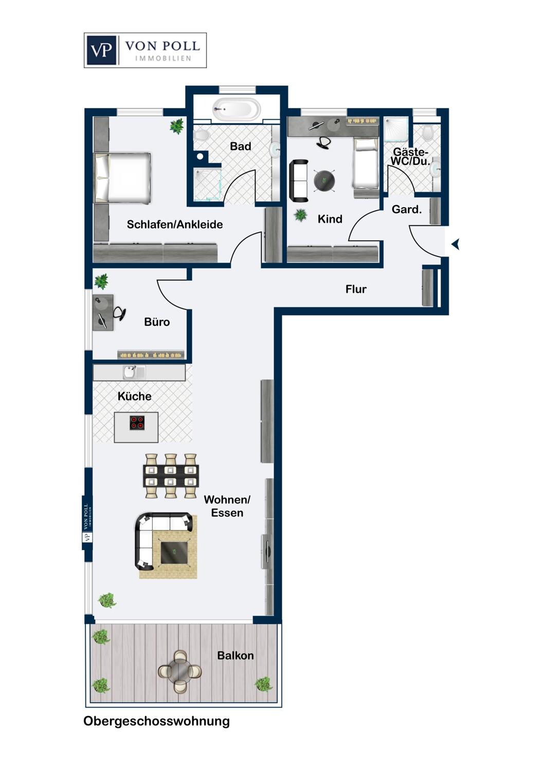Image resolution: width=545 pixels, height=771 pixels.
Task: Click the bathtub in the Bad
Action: (x=237, y=109)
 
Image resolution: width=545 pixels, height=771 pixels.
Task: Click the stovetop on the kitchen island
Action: (x=137, y=423)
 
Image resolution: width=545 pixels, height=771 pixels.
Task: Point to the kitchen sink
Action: (x=130, y=372)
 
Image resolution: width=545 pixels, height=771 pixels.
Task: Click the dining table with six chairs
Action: (x=171, y=476)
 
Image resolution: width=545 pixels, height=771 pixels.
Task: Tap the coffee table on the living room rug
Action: (x=174, y=552)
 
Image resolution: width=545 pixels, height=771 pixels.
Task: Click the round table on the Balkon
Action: (x=180, y=671)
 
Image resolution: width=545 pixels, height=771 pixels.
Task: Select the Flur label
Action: (x=356, y=289)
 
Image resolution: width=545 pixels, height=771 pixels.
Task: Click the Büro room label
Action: (x=157, y=322)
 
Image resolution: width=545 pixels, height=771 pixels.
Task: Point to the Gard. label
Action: (x=406, y=209)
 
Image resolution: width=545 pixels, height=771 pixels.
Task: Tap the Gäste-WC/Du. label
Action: (x=410, y=156)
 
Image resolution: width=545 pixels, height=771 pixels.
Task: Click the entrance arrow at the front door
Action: (x=455, y=244)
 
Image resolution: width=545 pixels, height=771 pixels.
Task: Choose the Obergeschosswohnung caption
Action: (x=156, y=721)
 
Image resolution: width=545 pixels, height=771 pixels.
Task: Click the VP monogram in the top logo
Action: (x=101, y=50)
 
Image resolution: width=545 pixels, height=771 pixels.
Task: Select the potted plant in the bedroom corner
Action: (x=177, y=125)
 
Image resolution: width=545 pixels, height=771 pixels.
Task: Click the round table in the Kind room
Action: (x=324, y=180)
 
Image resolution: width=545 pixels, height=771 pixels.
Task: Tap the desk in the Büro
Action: (x=102, y=312)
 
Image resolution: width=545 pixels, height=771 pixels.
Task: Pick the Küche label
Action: (x=134, y=396)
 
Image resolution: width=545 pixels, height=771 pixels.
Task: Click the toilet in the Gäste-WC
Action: (x=428, y=133)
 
